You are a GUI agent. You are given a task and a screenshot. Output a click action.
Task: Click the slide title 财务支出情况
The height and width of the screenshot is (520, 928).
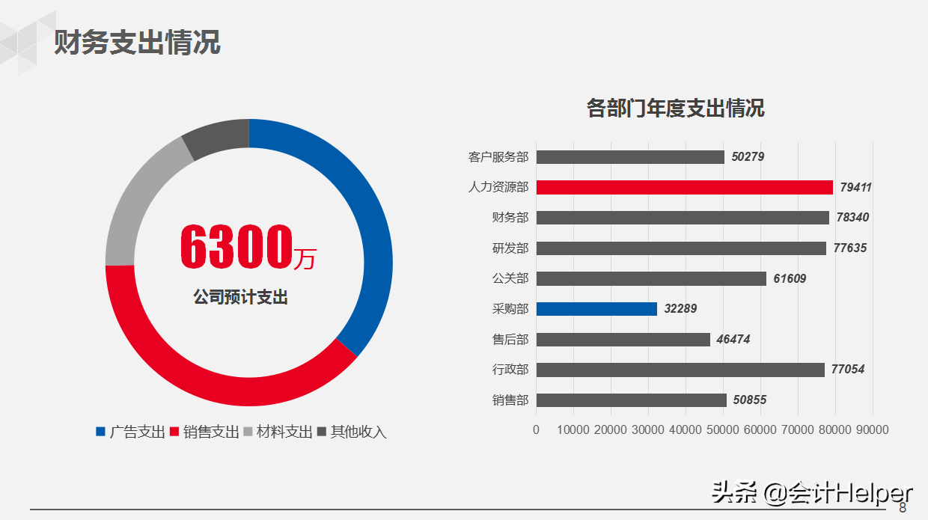[137, 43]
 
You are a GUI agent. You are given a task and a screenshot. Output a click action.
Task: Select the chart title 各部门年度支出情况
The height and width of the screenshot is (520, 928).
[675, 108]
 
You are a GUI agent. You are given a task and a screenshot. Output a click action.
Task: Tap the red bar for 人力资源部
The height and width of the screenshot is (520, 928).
[684, 187]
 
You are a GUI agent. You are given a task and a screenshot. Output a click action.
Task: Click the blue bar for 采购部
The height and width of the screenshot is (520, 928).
[596, 308]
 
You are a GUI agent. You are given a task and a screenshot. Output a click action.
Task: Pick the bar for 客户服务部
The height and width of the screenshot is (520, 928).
[630, 157]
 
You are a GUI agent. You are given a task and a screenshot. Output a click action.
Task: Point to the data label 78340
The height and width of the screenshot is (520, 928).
[852, 218]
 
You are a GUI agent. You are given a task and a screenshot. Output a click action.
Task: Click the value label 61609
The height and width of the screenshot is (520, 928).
[790, 278]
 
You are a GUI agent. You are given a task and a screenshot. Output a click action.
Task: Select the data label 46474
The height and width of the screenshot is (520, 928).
[733, 340]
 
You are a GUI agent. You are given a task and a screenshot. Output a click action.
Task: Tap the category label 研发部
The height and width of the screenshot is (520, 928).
[510, 248]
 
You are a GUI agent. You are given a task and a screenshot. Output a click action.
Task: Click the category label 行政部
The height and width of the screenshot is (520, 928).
[510, 370]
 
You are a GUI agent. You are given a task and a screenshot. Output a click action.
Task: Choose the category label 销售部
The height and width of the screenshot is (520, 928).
[510, 400]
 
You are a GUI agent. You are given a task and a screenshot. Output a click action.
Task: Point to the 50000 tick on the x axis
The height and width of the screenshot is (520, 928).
[723, 430]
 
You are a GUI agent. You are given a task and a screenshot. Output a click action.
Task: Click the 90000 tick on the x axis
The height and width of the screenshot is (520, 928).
[873, 430]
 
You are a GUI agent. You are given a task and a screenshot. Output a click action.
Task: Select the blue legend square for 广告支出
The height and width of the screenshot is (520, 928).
[101, 432]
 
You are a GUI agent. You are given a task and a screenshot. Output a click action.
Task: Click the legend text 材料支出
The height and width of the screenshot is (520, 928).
[284, 432]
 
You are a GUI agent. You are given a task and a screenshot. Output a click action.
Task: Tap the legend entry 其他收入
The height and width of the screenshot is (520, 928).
[358, 432]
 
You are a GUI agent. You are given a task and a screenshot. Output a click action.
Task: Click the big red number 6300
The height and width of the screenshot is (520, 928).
[236, 248]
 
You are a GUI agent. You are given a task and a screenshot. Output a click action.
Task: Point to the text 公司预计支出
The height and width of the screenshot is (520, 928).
[240, 297]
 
